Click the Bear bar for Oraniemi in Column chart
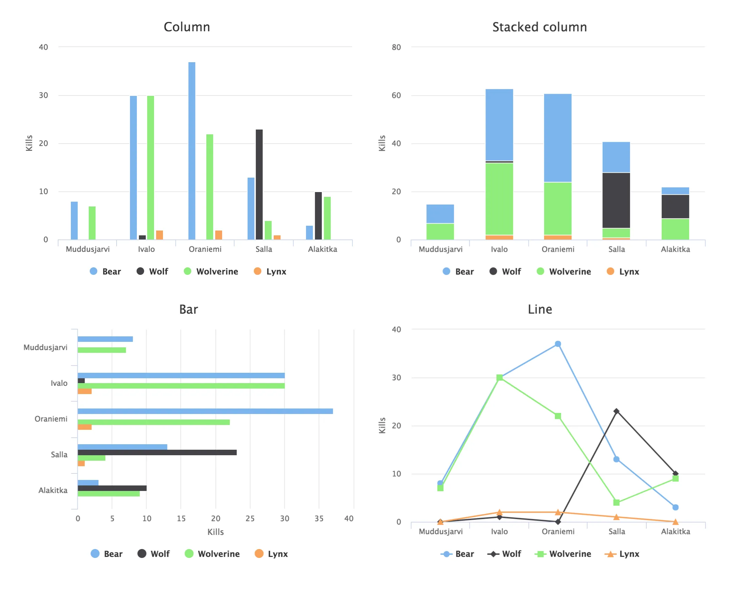tap(192, 151)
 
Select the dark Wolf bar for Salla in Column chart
tap(259, 184)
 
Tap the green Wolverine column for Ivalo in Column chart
tap(150, 168)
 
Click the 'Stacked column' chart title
tap(539, 27)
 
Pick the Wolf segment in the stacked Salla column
tap(616, 200)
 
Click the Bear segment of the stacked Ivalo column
tap(499, 125)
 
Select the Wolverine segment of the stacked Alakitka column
tap(675, 229)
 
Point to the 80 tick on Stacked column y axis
tap(396, 47)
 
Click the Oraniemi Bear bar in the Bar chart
tap(205, 411)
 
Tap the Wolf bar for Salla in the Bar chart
tap(157, 452)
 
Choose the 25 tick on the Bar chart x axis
tap(250, 518)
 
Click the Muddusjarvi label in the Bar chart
tap(45, 347)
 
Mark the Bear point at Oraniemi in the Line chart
tap(558, 344)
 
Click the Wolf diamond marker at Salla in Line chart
tap(616, 411)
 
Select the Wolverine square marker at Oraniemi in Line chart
tap(558, 416)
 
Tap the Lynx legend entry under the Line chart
tap(622, 554)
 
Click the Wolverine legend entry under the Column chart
tap(211, 271)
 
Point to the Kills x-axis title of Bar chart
tap(215, 532)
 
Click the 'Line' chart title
tap(540, 309)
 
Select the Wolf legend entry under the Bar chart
tap(154, 554)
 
